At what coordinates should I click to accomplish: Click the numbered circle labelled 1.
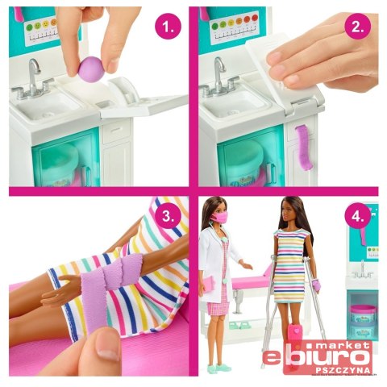(169, 27)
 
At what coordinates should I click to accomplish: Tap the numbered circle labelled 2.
(357, 27)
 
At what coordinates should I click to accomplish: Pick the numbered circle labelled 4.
(358, 216)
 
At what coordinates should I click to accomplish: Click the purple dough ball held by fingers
(91, 69)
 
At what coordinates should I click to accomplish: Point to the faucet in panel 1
(31, 79)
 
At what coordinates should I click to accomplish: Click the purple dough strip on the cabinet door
(303, 148)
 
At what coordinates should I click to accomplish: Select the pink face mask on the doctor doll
(222, 217)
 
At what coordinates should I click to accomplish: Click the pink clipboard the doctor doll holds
(210, 285)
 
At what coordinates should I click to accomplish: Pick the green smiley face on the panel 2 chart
(215, 26)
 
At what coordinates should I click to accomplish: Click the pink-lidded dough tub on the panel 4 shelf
(363, 314)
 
